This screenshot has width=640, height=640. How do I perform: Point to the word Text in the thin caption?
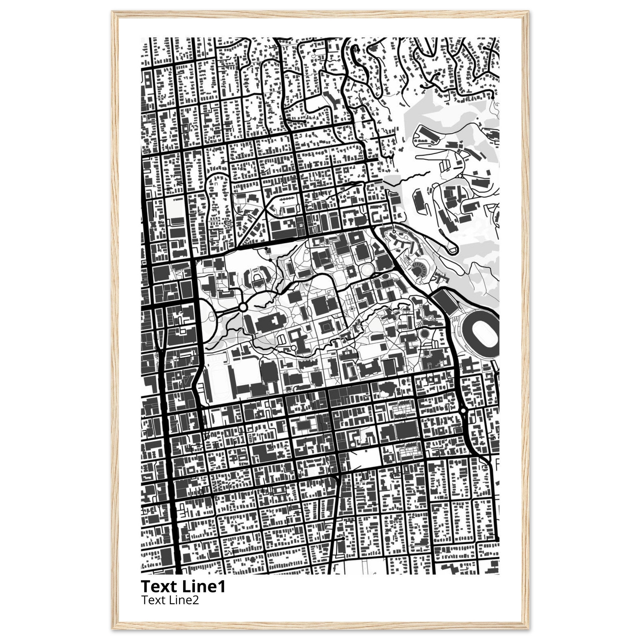152,600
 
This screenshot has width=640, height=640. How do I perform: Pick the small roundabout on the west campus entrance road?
243,308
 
